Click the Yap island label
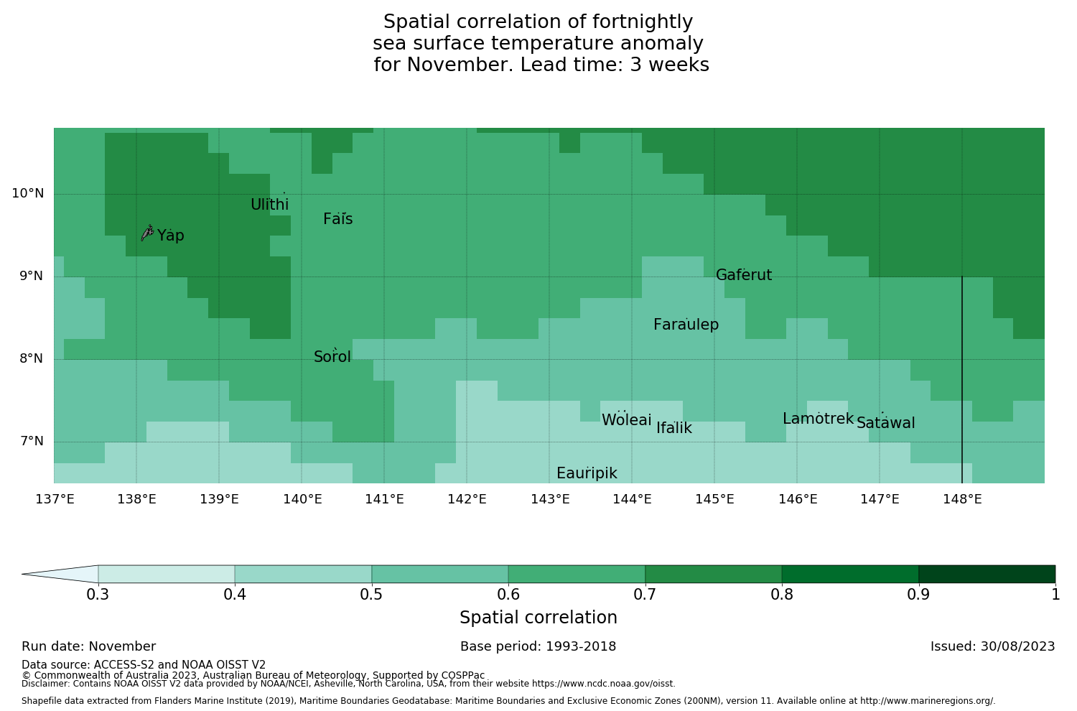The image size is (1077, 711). (x=171, y=236)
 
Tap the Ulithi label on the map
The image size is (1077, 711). (x=269, y=205)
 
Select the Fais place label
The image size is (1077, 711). (x=337, y=220)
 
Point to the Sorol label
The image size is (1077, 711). (x=332, y=357)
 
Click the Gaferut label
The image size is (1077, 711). (x=744, y=275)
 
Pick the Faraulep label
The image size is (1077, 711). (x=686, y=325)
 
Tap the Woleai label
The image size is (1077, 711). (x=627, y=420)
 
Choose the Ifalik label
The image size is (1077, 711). (x=674, y=429)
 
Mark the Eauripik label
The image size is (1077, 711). (x=587, y=473)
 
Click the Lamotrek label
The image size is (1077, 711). (x=818, y=419)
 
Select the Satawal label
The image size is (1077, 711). (x=885, y=423)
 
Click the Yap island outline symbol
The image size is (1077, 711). (x=147, y=232)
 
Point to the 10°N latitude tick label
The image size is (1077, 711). (x=27, y=193)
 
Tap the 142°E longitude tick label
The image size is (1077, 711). (x=467, y=499)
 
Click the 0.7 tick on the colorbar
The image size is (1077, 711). (x=645, y=594)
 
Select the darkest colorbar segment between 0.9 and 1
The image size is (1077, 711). (x=987, y=574)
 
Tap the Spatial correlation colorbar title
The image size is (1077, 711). (x=538, y=618)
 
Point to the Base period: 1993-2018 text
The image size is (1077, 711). (x=538, y=646)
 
